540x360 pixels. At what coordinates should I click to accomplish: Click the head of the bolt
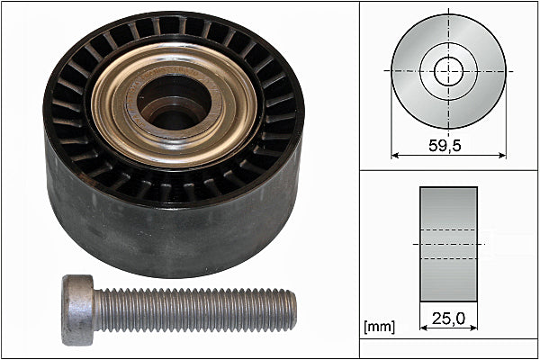point(78,310)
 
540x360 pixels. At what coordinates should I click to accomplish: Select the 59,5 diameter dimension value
point(445,146)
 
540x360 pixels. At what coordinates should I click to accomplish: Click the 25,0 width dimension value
point(448,319)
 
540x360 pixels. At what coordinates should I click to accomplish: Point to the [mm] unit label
point(380,327)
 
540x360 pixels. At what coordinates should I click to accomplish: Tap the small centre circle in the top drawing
point(449,72)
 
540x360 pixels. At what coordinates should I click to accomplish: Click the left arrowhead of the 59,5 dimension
point(395,156)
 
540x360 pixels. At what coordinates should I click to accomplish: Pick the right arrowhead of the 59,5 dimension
point(502,156)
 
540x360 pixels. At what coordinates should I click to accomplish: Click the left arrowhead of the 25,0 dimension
point(424,328)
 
